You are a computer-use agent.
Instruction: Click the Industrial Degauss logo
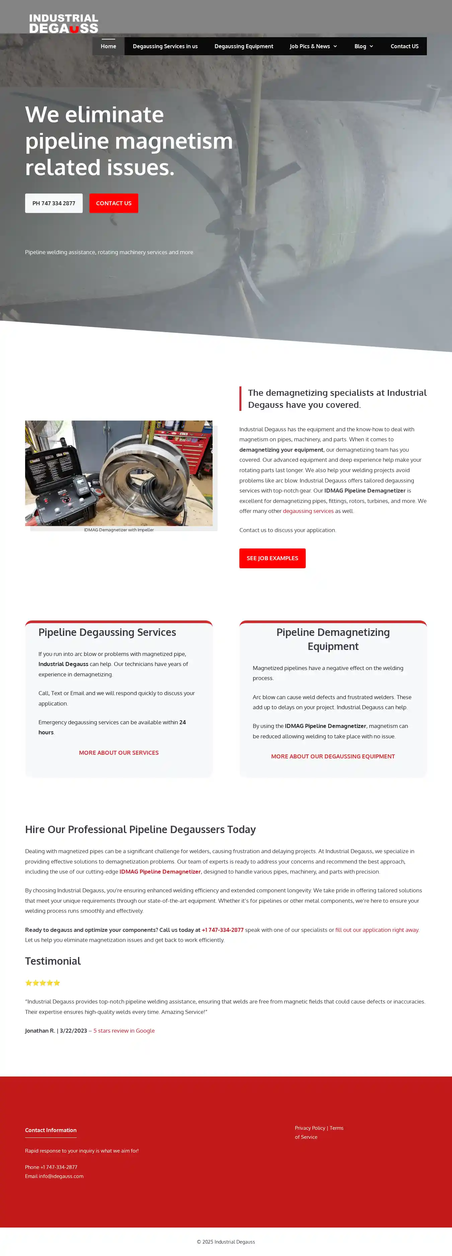tap(63, 23)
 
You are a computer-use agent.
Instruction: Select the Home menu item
tap(108, 46)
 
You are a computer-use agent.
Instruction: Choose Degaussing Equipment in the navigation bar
tap(243, 46)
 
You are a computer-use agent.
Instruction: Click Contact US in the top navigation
tap(404, 46)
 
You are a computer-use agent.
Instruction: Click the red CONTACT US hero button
tap(114, 203)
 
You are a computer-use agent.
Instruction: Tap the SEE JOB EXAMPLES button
tap(272, 558)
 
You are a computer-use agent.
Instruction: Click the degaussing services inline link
tap(308, 511)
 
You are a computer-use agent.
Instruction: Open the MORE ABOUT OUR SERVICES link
tap(119, 753)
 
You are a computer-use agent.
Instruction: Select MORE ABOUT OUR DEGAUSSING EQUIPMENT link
tap(332, 756)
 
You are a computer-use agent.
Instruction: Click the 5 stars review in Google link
tap(124, 1031)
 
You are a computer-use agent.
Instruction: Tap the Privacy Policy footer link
tap(310, 1128)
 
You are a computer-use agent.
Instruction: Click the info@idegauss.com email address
tap(61, 1176)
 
